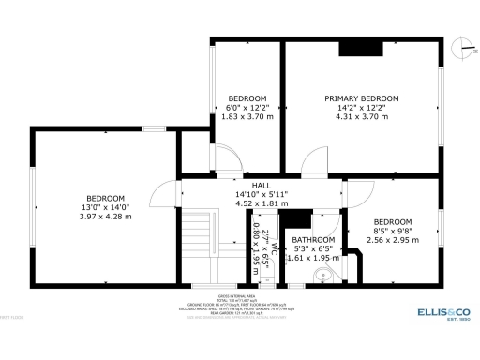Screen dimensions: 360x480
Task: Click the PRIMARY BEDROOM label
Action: pyautogui.click(x=361, y=98)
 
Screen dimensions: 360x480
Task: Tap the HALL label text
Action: pyautogui.click(x=261, y=186)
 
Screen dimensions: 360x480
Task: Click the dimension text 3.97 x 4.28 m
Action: pyautogui.click(x=105, y=217)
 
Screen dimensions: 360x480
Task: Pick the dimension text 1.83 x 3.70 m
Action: pyautogui.click(x=247, y=117)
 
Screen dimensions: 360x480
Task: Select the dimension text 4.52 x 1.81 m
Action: pyautogui.click(x=261, y=203)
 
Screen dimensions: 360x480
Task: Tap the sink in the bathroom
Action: pyautogui.click(x=322, y=275)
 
